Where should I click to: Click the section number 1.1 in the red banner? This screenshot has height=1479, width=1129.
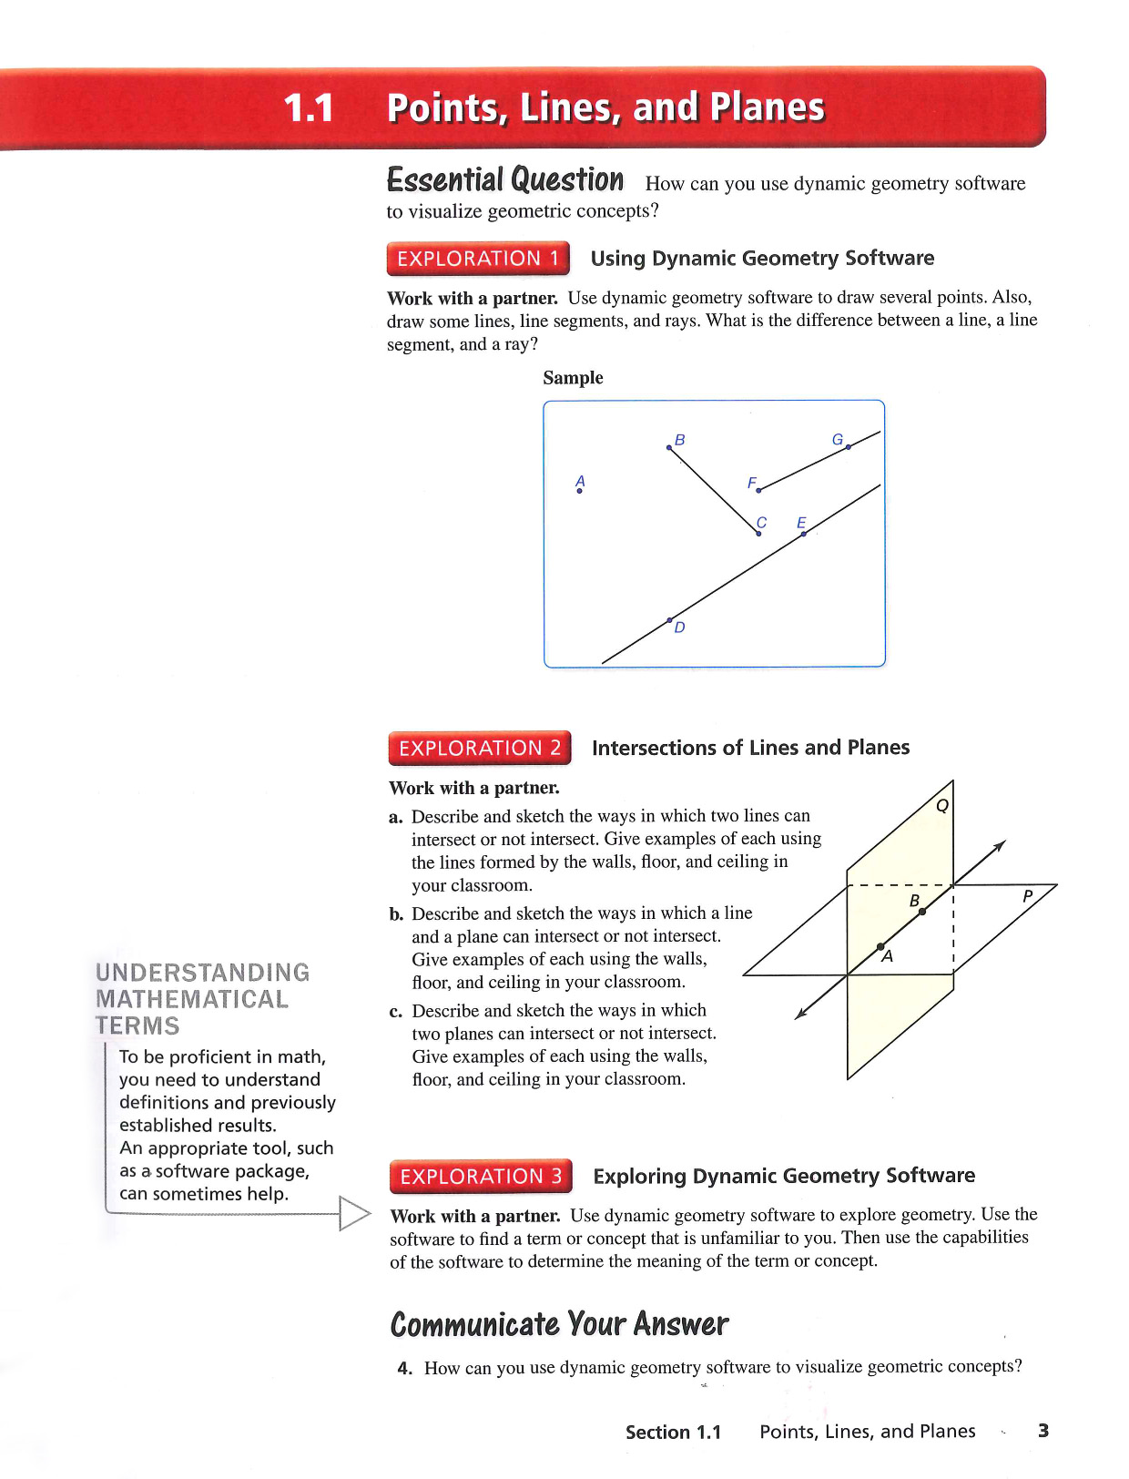click(x=309, y=108)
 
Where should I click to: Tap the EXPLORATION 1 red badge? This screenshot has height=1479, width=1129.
click(x=478, y=259)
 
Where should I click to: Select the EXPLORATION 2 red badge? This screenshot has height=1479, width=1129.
click(x=480, y=749)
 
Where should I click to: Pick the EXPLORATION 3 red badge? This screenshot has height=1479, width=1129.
click(x=481, y=1177)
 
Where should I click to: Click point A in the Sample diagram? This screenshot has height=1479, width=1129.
click(x=580, y=491)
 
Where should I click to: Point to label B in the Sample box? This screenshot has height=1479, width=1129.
click(x=679, y=440)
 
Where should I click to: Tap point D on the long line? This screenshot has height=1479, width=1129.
click(x=670, y=620)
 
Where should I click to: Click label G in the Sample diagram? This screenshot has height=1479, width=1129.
click(x=838, y=440)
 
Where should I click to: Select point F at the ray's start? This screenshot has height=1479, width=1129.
click(x=759, y=490)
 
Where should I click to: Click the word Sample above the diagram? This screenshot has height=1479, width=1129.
click(x=573, y=378)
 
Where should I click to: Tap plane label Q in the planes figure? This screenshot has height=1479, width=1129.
click(x=942, y=805)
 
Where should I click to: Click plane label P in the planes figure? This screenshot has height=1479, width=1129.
click(x=1027, y=896)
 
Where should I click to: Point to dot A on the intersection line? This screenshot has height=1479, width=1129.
click(x=880, y=947)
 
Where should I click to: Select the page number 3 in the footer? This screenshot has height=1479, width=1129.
click(x=1043, y=1431)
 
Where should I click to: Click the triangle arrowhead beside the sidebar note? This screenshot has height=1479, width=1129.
click(x=353, y=1213)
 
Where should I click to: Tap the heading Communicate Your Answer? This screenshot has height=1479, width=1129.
click(x=559, y=1324)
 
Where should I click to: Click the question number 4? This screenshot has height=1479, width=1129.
click(x=404, y=1368)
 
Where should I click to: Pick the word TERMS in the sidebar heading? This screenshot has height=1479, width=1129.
click(x=137, y=1026)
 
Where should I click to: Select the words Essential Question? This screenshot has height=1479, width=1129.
click(x=505, y=180)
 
